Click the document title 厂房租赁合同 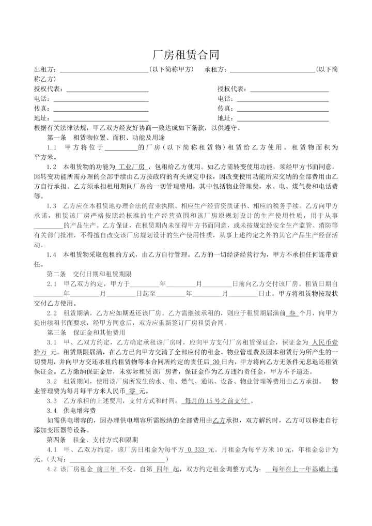[186, 55]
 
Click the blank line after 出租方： [103, 70]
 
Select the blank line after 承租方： [271, 70]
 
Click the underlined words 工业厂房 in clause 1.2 [130, 167]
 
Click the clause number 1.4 [52, 254]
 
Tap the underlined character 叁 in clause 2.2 [292, 313]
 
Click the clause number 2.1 [52, 283]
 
